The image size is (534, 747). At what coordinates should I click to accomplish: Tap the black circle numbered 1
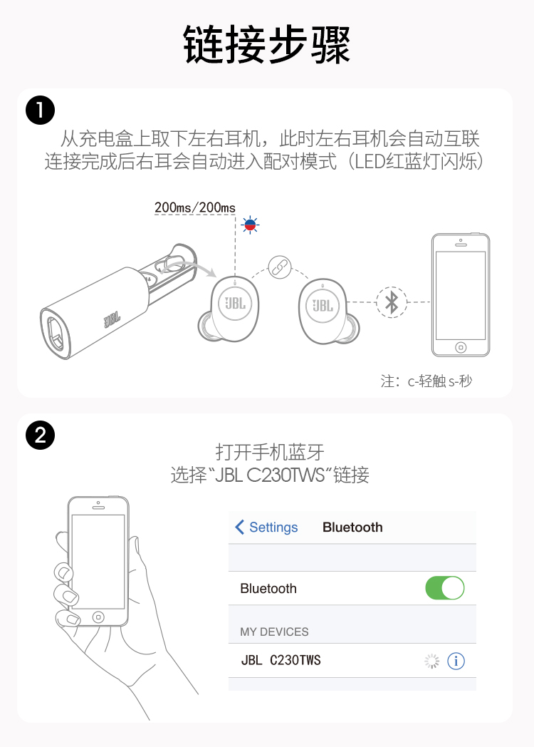[40, 110]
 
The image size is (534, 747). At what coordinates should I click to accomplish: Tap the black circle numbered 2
[40, 434]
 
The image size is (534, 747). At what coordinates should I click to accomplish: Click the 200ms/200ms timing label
[194, 207]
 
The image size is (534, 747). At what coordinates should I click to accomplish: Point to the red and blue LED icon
[250, 225]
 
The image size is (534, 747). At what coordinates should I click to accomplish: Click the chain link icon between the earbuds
[279, 267]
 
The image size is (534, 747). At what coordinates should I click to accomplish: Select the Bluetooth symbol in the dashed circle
[391, 302]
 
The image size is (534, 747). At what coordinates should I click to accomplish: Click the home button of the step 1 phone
[461, 347]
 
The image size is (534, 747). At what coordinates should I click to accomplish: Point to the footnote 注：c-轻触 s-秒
[426, 381]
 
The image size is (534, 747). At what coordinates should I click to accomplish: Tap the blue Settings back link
[266, 527]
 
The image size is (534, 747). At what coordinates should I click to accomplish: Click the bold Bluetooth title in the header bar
[352, 527]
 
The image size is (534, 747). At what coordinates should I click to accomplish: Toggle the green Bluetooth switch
[444, 588]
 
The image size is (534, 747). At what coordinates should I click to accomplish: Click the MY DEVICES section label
[274, 632]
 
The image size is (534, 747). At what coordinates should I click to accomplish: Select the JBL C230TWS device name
[281, 661]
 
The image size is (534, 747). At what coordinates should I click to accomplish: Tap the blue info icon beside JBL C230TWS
[456, 661]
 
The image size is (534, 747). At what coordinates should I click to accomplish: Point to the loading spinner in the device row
[432, 661]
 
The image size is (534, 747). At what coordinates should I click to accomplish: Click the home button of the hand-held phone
[98, 616]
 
